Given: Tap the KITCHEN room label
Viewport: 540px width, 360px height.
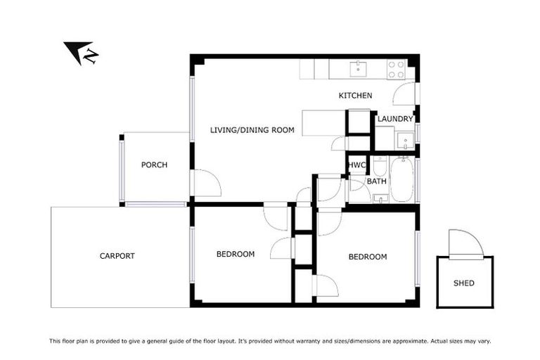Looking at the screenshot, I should coord(355,96).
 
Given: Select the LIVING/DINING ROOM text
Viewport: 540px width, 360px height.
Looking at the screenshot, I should coord(252,129).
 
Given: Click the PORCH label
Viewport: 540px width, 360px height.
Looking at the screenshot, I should coord(154,165).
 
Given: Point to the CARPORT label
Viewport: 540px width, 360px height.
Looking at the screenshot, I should coord(117,256).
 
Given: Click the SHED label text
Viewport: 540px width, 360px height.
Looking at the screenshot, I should coord(464,283).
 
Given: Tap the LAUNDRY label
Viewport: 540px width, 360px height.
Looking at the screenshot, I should coord(395,119).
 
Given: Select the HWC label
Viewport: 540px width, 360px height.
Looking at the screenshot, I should coord(357,165).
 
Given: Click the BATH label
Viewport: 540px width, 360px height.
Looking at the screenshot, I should coord(377,181).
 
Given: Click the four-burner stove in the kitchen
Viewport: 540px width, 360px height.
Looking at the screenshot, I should coord(397,69).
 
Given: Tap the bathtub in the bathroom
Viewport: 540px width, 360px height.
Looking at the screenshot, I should coord(404,179).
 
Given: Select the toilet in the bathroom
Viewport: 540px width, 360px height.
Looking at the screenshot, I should coord(380,167).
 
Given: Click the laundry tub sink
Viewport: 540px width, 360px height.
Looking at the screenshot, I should coord(404,140).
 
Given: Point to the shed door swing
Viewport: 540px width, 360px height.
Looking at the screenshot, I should coord(465,243).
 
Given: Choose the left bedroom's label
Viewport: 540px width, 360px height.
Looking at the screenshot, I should coord(235,254).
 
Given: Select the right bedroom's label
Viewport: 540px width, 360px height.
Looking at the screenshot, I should coord(367,257).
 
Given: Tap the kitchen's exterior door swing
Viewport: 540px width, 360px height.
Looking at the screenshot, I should coord(405,94).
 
